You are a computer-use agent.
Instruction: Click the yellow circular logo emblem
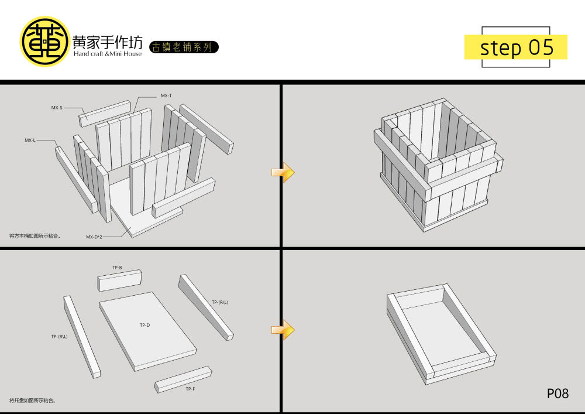pyautogui.click(x=45, y=41)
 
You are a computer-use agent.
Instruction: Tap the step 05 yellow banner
pyautogui.click(x=515, y=47)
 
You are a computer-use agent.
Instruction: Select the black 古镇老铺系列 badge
pyautogui.click(x=184, y=47)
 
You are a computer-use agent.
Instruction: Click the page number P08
pyautogui.click(x=558, y=394)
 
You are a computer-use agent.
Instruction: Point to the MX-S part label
pyautogui.click(x=57, y=107)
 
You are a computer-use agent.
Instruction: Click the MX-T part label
pyautogui.click(x=166, y=95)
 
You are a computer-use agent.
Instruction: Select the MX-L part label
pyautogui.click(x=30, y=140)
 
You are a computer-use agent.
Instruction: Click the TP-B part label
pyautogui.click(x=117, y=268)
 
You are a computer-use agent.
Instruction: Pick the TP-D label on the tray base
pyautogui.click(x=144, y=325)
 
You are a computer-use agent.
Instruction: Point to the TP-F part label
pyautogui.click(x=190, y=389)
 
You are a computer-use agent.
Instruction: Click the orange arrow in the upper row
pyautogui.click(x=283, y=172)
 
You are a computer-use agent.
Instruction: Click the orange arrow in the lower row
pyautogui.click(x=283, y=330)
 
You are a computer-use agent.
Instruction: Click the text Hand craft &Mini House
pyautogui.click(x=108, y=54)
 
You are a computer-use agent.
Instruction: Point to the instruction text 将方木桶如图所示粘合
pyautogui.click(x=36, y=236)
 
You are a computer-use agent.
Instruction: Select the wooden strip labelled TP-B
pyautogui.click(x=120, y=280)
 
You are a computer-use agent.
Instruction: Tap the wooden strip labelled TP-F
pyautogui.click(x=184, y=379)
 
